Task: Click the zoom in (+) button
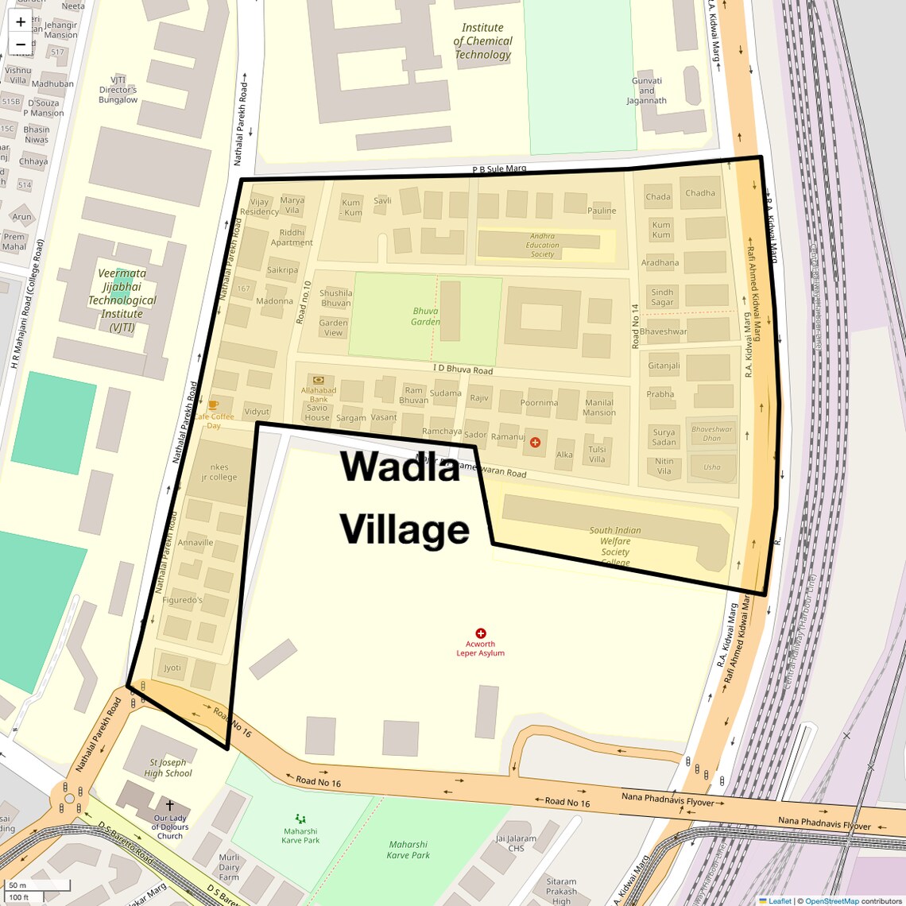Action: coord(21,22)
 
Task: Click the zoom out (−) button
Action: coord(21,45)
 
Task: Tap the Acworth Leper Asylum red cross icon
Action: coord(480,633)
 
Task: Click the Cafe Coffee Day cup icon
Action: coord(213,405)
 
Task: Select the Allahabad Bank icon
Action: coord(319,381)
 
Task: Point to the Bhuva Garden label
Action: coord(426,316)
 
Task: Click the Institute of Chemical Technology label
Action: coord(482,41)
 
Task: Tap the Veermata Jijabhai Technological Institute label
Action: coord(122,300)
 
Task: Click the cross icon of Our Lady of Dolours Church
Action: coord(169,805)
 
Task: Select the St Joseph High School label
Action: coord(168,768)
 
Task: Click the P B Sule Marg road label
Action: coord(499,168)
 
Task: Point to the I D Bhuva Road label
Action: coord(463,370)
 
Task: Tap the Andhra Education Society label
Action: coord(542,245)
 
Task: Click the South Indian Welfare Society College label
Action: coord(615,546)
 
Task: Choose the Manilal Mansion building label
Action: coord(599,408)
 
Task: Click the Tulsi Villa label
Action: coord(597,454)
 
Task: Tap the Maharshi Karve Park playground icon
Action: coord(300,818)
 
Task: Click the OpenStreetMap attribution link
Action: coord(831,901)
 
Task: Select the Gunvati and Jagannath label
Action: coord(647,91)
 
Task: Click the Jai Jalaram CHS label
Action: coord(516,843)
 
